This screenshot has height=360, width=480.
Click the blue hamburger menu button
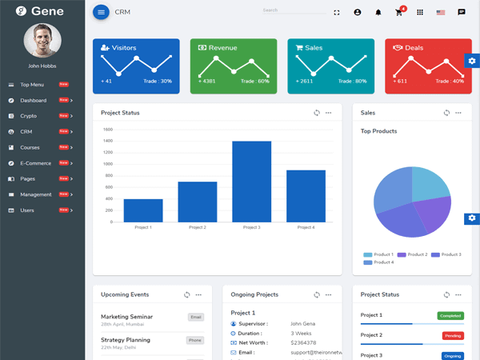101,12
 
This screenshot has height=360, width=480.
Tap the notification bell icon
378,13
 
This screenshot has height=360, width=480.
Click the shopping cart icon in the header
398,13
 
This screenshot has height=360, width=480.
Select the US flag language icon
441,13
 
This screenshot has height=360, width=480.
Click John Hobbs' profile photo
42,41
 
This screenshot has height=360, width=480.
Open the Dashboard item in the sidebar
34,101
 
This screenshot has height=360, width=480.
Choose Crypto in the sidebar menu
29,116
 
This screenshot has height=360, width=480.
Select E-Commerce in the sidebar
35,163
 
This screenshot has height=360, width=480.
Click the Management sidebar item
36,194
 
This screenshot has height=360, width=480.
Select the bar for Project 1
143,210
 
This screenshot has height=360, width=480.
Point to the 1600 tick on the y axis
108,130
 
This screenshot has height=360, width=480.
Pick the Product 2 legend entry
413,254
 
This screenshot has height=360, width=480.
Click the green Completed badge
450,316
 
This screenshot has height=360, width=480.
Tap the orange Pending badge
453,336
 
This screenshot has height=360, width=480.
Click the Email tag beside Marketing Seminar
196,317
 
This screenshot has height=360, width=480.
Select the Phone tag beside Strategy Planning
195,340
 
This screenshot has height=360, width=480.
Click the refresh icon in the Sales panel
446,113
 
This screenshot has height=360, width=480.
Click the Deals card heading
414,48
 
